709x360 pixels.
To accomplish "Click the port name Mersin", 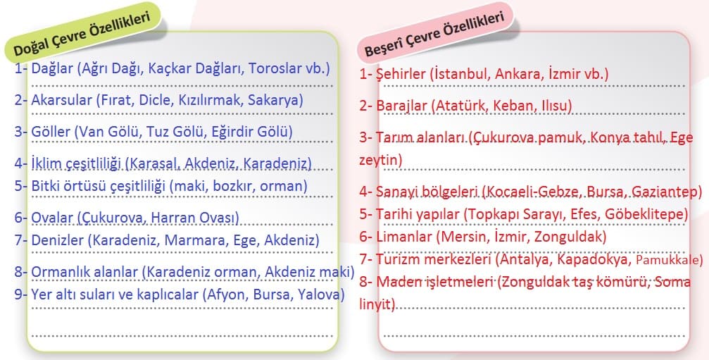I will pyautogui.click(x=460, y=237).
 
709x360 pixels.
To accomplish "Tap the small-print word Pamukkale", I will pyautogui.click(x=668, y=260).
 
